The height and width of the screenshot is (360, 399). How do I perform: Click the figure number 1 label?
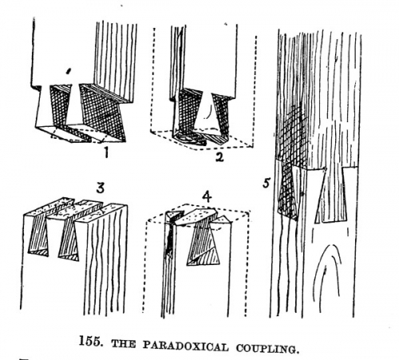[106, 152]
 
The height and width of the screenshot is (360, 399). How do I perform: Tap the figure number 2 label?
[219, 156]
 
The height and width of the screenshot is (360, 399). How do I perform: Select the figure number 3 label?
[100, 188]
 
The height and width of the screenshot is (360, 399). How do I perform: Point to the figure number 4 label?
[207, 197]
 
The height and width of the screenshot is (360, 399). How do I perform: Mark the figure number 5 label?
[267, 183]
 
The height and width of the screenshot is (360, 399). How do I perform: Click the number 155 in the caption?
[90, 341]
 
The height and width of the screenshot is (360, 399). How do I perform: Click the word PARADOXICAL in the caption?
[185, 346]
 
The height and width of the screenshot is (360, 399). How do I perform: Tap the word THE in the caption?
[124, 343]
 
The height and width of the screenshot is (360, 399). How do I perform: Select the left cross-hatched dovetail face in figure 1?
[60, 105]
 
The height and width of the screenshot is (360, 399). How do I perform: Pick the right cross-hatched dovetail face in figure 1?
[102, 112]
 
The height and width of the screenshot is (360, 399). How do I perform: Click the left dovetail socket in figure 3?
[39, 234]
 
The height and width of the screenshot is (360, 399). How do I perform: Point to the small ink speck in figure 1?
[69, 71]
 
